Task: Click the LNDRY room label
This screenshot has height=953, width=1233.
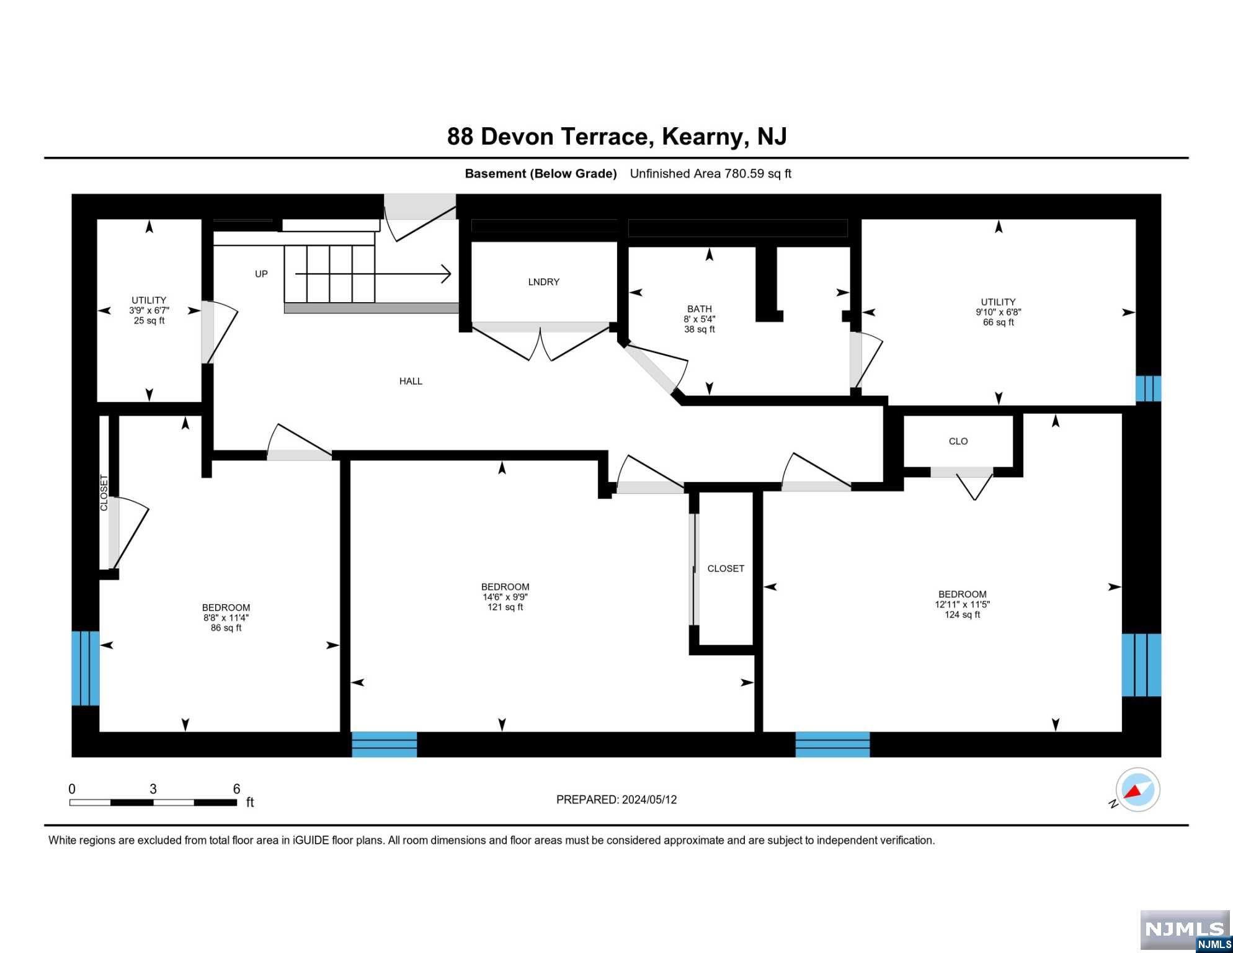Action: coord(543,282)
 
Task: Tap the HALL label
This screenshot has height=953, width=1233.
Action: coord(411,381)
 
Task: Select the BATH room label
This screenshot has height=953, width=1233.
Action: coord(699,308)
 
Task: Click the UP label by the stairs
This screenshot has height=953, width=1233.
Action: coord(261,274)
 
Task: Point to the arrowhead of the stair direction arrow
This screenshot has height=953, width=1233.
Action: coord(447,274)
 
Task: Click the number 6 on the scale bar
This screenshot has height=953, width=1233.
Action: coord(236,789)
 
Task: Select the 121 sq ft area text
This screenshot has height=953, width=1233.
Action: coord(505,607)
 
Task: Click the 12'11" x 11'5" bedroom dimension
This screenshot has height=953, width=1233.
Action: coord(962,604)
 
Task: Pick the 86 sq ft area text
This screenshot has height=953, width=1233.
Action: coord(226,628)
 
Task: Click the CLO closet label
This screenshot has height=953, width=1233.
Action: coord(958,441)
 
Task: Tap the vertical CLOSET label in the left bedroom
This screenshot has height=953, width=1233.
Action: coord(104,493)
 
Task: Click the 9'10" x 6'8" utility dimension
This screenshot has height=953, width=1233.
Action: coord(998,312)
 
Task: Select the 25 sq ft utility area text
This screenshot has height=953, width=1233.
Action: coord(149,320)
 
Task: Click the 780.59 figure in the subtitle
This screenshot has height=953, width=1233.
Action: coord(744,174)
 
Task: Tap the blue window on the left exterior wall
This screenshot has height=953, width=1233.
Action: coord(85,668)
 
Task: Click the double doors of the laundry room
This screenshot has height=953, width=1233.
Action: coord(541,341)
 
